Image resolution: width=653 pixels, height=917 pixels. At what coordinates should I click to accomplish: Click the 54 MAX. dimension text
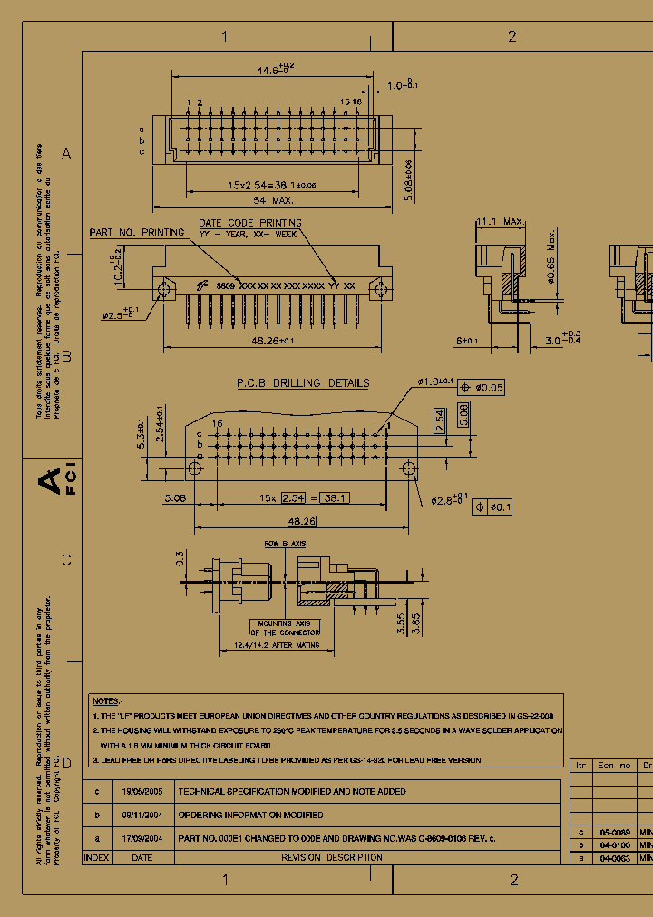(x=273, y=200)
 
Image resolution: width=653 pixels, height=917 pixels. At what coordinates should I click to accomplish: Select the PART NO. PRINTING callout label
(x=136, y=233)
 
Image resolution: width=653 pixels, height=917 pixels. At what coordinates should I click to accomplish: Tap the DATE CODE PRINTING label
(x=250, y=222)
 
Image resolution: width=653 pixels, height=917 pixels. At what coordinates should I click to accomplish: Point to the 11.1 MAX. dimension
(x=501, y=221)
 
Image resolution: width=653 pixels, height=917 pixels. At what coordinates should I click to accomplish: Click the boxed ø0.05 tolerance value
(x=491, y=388)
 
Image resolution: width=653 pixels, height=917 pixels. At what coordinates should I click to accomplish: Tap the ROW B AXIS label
(x=285, y=544)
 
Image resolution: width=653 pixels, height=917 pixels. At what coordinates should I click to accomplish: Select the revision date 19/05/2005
(x=141, y=791)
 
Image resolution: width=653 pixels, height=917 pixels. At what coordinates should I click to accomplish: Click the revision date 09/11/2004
(x=141, y=815)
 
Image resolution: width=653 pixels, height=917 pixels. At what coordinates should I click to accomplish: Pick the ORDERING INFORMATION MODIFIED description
(x=250, y=815)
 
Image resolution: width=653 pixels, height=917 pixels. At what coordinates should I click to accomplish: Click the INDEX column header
(x=96, y=857)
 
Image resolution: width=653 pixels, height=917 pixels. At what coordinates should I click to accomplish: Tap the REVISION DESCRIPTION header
(x=331, y=857)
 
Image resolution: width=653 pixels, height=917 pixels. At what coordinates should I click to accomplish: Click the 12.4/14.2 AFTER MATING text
(x=270, y=644)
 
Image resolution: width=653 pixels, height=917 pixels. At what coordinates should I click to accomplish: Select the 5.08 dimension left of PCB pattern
(x=175, y=497)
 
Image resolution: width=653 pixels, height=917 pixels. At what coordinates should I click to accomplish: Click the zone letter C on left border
(x=66, y=560)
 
